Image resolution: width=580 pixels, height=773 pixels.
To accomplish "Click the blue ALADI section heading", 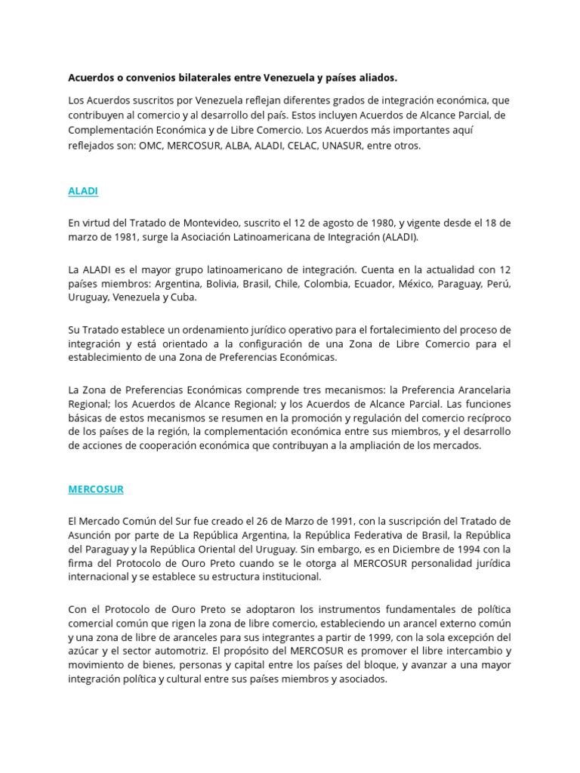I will coord(83,191).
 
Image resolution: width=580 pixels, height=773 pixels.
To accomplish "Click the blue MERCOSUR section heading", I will coord(96,489).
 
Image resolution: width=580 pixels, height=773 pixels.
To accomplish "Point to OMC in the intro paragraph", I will coord(151,146).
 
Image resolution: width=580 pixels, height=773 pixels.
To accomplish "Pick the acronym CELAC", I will coord(288,146).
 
